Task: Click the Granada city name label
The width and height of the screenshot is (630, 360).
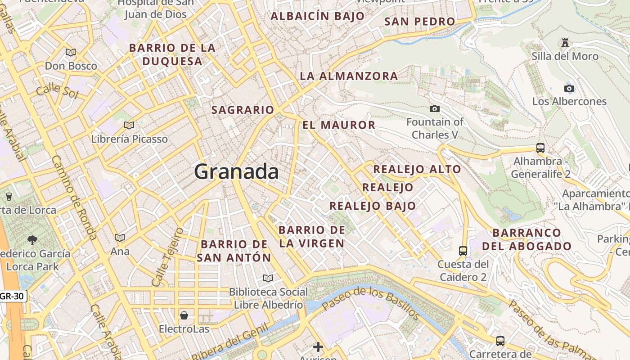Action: pos(237,172)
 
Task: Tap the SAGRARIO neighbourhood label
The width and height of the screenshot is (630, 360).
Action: pos(243,110)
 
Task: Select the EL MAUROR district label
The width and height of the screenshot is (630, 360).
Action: pos(339,125)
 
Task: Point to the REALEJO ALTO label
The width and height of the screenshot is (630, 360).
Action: pos(417,169)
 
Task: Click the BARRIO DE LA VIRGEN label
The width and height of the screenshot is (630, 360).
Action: pos(312,237)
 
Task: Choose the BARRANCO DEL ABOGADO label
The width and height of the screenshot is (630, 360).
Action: pos(527,239)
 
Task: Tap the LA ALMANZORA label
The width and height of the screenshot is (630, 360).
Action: pos(349,76)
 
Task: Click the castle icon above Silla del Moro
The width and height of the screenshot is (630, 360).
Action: pos(565,43)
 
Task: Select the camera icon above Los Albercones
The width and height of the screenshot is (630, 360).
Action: pos(569,88)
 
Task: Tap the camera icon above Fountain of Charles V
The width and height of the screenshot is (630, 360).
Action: pos(434,108)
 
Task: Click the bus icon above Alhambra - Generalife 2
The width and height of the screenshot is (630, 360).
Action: pos(540,148)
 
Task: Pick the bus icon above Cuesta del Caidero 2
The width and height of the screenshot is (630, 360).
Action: pos(463,251)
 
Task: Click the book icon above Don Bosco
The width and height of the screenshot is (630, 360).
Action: pos(71,53)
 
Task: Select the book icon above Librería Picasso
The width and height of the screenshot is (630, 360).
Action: pos(129,125)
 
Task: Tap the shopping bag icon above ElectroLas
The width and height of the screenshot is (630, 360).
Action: pos(184,315)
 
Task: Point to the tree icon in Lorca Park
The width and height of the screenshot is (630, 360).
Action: pos(32,240)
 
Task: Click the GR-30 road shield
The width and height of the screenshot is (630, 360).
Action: pos(13,296)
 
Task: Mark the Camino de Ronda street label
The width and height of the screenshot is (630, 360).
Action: pos(74,198)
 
